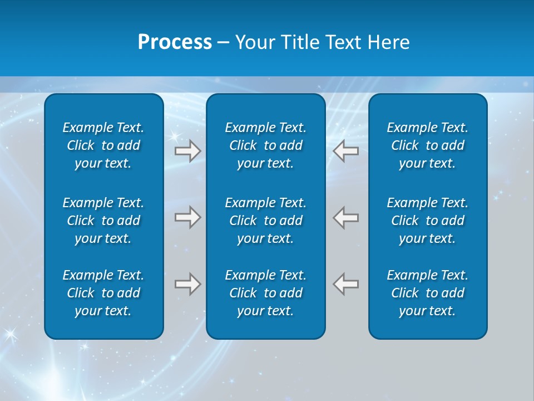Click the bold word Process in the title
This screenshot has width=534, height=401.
(x=175, y=42)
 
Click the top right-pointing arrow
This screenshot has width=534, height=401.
(x=188, y=151)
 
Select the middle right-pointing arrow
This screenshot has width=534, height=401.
(x=188, y=217)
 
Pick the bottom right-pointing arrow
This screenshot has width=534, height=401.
(x=188, y=284)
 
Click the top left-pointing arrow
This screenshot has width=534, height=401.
(x=346, y=151)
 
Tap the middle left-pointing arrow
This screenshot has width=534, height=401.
(x=346, y=217)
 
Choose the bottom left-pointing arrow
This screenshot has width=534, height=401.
(x=346, y=284)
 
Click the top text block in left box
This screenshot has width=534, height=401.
(x=103, y=145)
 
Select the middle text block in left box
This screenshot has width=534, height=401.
(x=103, y=221)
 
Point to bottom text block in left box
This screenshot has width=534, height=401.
(x=103, y=293)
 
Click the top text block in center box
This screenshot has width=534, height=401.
(x=266, y=145)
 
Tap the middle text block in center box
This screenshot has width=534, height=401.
(x=266, y=221)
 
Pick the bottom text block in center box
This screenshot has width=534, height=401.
(x=266, y=293)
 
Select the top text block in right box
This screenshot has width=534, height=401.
(x=428, y=145)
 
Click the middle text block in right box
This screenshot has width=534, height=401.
(x=428, y=221)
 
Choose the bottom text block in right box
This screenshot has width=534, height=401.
(x=428, y=293)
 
